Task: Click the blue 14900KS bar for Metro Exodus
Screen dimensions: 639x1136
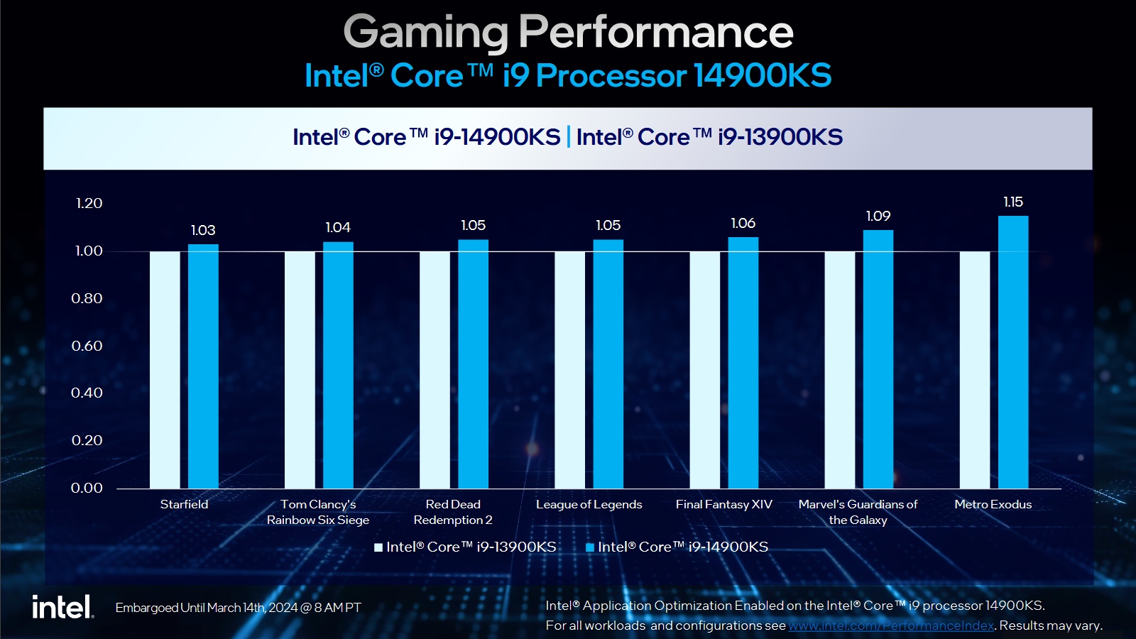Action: (x=1013, y=352)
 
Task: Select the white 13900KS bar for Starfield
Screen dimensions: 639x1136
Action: (x=165, y=370)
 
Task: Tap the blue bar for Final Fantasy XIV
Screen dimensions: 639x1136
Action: (x=743, y=363)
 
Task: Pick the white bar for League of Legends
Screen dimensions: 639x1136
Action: (x=569, y=370)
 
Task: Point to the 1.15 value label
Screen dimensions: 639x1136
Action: (x=1013, y=202)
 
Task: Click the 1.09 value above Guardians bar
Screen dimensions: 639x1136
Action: (x=878, y=217)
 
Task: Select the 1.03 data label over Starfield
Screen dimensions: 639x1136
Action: (x=203, y=231)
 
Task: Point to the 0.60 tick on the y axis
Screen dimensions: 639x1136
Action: (x=87, y=346)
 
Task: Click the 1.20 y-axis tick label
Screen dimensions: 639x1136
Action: (x=89, y=204)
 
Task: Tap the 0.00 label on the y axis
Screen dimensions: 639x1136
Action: (x=87, y=488)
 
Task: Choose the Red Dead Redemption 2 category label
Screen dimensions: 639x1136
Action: (x=453, y=512)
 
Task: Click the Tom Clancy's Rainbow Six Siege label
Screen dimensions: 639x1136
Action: (x=318, y=512)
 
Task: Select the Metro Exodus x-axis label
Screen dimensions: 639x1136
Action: (x=993, y=505)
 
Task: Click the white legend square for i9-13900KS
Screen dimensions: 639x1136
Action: (x=378, y=547)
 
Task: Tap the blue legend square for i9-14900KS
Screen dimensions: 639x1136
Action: (x=589, y=547)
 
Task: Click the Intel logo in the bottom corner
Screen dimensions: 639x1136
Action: (x=62, y=607)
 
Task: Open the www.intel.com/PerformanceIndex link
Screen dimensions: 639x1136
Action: (x=891, y=626)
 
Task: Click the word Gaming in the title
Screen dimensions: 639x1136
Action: (x=426, y=33)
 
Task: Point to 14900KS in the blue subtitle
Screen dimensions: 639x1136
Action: (x=763, y=76)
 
